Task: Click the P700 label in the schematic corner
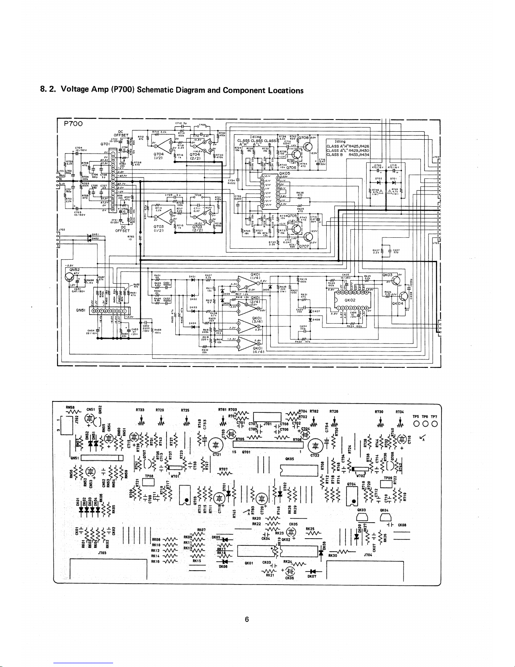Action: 73,124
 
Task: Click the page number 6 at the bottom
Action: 247,619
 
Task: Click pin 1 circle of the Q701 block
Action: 112,154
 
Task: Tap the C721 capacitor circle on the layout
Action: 215,445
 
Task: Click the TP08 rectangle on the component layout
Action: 149,482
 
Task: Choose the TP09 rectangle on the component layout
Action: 385,484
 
